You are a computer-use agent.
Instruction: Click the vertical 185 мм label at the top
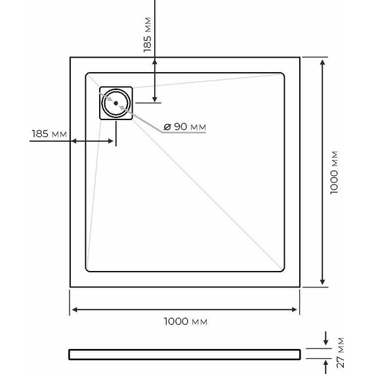(148, 35)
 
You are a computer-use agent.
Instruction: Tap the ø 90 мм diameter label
(185, 126)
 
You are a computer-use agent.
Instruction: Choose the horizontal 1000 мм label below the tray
(186, 322)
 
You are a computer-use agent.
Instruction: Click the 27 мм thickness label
(341, 353)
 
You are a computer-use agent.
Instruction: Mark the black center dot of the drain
(116, 102)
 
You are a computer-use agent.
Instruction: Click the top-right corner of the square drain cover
(132, 87)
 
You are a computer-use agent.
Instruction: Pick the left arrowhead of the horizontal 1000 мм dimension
(75, 309)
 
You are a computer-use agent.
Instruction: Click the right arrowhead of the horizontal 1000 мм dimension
(297, 309)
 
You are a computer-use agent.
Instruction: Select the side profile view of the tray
(184, 354)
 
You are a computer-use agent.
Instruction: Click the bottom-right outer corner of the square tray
(301, 287)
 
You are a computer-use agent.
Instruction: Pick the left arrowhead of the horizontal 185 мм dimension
(74, 141)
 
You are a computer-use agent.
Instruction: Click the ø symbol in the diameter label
(167, 126)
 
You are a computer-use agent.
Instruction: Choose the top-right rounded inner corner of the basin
(282, 75)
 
